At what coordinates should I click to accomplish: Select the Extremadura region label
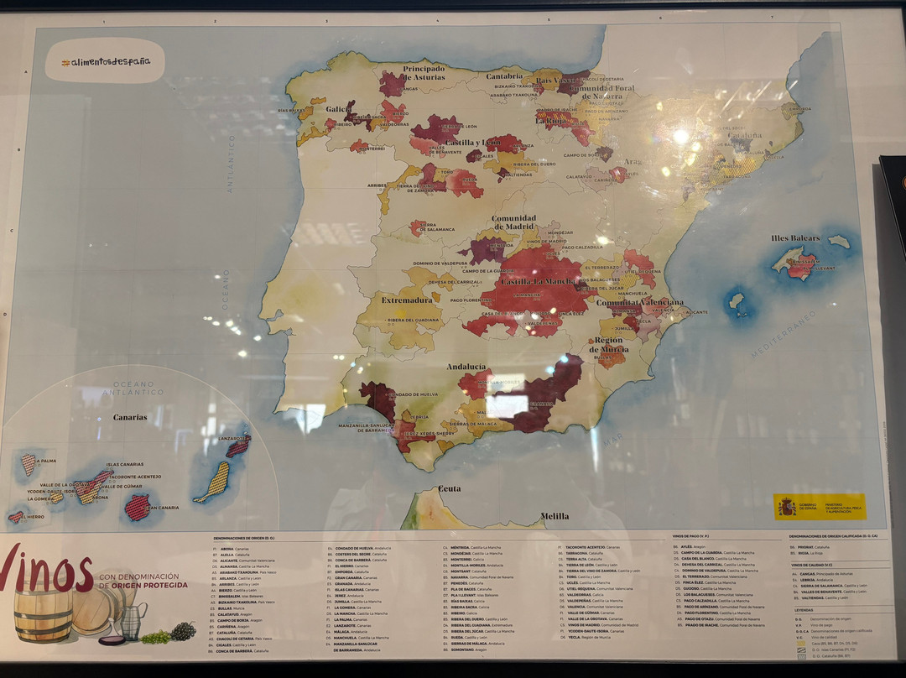click(407, 299)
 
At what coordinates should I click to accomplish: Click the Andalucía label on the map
click(466, 367)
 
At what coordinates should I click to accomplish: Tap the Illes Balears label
click(795, 238)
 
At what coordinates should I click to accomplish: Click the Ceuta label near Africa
click(450, 488)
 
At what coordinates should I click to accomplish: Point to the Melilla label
click(554, 516)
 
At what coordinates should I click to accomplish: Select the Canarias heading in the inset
click(130, 417)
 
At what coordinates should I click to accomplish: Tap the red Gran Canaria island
click(137, 507)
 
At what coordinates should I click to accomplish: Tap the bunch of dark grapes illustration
click(182, 632)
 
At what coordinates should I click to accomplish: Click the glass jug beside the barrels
click(133, 621)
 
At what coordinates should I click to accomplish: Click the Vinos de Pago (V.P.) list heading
click(691, 536)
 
